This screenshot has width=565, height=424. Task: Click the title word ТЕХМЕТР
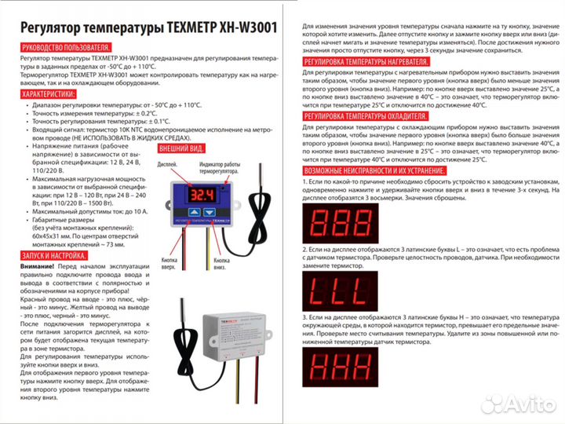[x=194, y=27]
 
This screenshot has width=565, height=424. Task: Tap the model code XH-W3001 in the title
[x=253, y=27]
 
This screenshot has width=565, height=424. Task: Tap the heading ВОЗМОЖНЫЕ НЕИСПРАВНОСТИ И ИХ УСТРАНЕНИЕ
[x=374, y=170]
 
